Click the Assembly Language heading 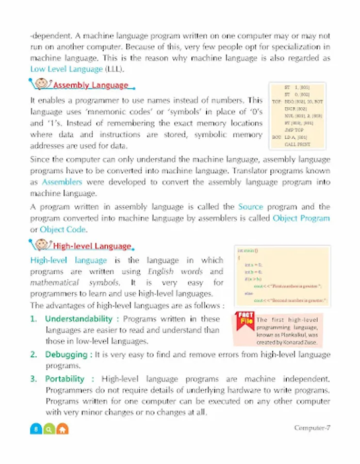(91, 85)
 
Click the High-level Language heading (92, 246)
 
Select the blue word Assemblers (62, 182)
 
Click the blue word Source (251, 206)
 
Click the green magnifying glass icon (49, 429)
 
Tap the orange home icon (62, 429)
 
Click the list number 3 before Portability (34, 378)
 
